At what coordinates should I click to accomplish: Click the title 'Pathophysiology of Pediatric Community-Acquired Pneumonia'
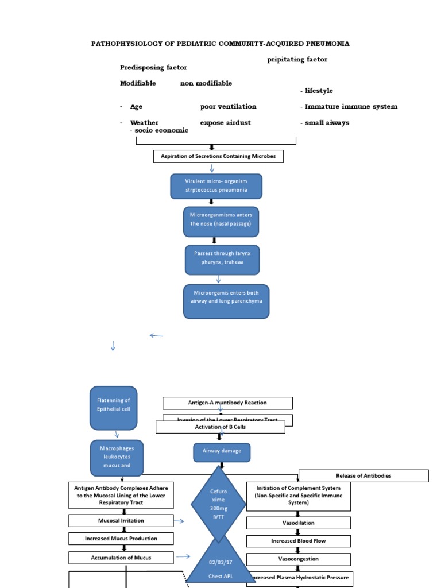click(220, 44)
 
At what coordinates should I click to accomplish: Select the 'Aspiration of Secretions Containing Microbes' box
click(218, 156)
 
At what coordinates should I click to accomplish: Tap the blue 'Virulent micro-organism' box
click(216, 186)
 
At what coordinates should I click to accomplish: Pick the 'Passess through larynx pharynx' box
click(222, 260)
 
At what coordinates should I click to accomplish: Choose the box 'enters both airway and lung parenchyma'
click(226, 301)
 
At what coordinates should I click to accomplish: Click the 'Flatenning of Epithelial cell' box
click(113, 408)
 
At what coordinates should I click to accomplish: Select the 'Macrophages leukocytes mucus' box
click(117, 458)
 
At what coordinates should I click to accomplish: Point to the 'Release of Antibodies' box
click(363, 475)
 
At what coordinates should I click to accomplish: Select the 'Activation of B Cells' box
click(220, 427)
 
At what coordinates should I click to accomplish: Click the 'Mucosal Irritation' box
click(121, 521)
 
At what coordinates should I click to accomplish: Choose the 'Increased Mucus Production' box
click(121, 539)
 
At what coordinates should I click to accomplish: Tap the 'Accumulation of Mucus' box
click(121, 557)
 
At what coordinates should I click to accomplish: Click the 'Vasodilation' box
click(298, 523)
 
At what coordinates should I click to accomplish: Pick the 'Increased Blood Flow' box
click(298, 541)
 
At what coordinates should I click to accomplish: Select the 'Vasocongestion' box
click(298, 559)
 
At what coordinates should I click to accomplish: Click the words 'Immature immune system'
click(351, 107)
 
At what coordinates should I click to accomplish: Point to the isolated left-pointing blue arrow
click(156, 335)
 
